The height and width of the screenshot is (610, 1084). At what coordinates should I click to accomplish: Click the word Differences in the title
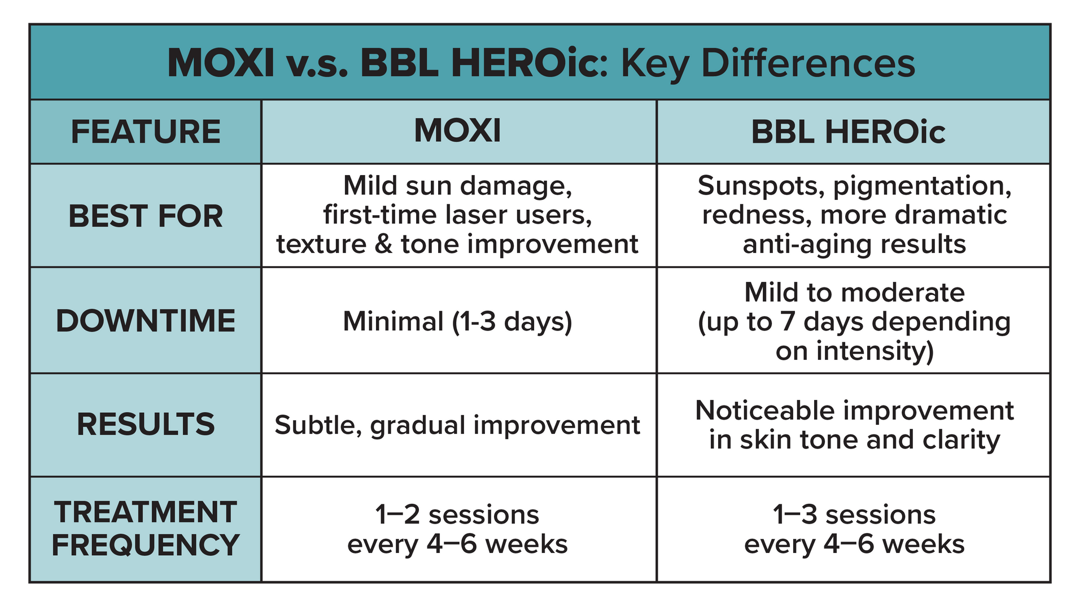pos(807,63)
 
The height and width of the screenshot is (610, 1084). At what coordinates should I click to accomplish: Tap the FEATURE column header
pos(146,132)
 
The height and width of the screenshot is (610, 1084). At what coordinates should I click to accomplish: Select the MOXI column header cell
pos(457,131)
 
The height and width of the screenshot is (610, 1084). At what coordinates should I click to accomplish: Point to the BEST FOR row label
pos(146,216)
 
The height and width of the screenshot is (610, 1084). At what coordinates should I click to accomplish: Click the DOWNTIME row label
pos(146,321)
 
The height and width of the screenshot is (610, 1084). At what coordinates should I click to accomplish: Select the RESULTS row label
pos(146,425)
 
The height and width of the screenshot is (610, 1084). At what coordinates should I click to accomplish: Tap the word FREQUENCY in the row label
pos(146,546)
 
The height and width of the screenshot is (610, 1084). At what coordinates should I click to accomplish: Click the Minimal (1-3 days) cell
pos(457,322)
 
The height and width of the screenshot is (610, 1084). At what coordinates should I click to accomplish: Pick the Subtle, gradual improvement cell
pos(457,425)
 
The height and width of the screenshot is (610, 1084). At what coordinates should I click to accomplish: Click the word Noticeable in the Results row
pos(764,411)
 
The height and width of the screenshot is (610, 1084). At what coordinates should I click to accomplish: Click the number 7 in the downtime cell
pos(788,322)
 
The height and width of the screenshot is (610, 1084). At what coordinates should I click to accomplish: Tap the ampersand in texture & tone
pos(383,245)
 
